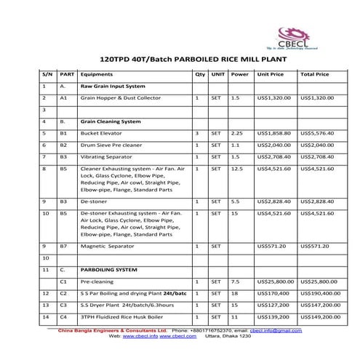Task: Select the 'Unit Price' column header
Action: (270, 73)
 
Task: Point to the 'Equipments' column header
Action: (97, 73)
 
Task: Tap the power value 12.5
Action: (236, 169)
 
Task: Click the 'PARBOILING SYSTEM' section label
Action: (109, 269)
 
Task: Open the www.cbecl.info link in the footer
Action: (140, 336)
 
